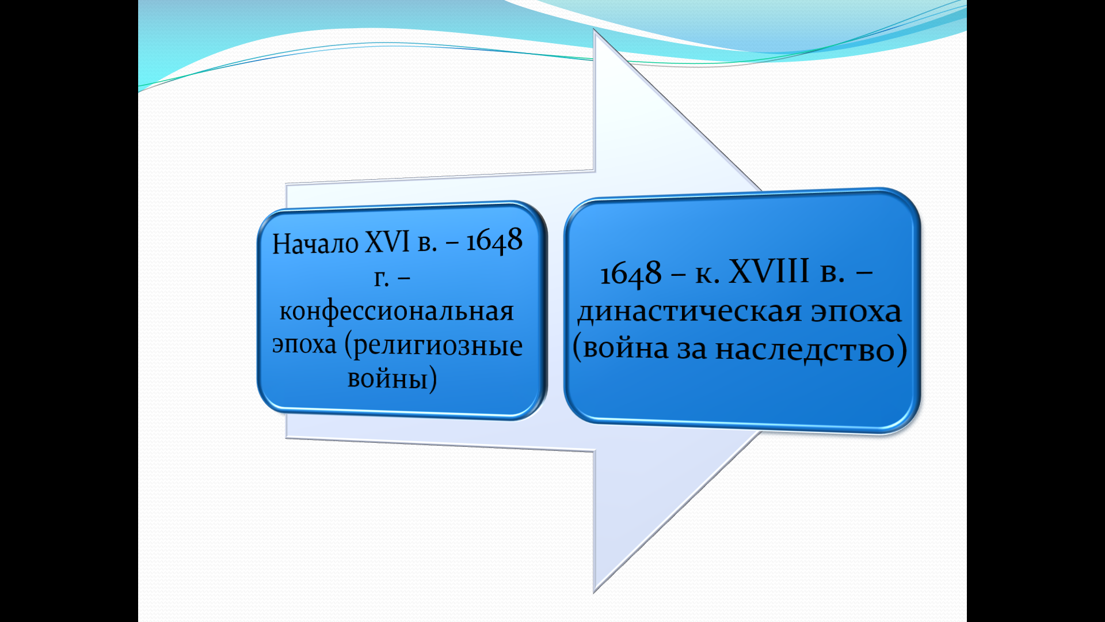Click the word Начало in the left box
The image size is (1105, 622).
pyautogui.click(x=315, y=243)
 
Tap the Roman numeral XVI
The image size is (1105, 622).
pyautogui.click(x=388, y=241)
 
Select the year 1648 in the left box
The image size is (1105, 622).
pyautogui.click(x=494, y=240)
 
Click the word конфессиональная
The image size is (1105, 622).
pyautogui.click(x=397, y=312)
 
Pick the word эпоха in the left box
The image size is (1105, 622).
pyautogui.click(x=304, y=345)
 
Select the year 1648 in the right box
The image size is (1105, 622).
pyautogui.click(x=631, y=274)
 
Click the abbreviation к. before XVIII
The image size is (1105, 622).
pyautogui.click(x=707, y=274)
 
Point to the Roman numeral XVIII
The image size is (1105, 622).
pyautogui.click(x=769, y=271)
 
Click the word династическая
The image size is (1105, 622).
pyautogui.click(x=689, y=313)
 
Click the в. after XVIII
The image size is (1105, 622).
pyautogui.click(x=832, y=273)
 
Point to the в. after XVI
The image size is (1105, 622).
pyautogui.click(x=427, y=244)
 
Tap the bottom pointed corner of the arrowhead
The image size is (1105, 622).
pyautogui.click(x=594, y=592)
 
